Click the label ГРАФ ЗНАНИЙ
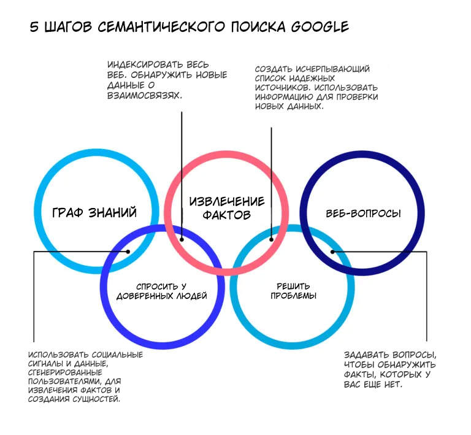coord(94,212)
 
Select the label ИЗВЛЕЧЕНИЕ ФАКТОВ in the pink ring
coord(227,208)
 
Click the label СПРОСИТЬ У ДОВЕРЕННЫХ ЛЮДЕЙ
coord(161,291)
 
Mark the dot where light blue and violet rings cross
coord(128,251)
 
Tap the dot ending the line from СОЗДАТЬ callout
coord(270,241)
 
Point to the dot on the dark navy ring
coord(332,251)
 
